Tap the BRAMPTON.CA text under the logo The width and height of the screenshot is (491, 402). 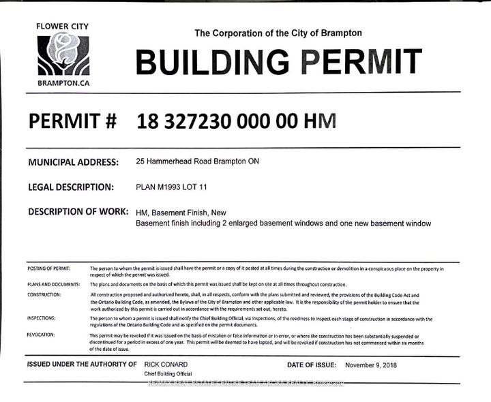coord(63,83)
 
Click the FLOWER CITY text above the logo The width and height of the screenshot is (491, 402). coord(63,27)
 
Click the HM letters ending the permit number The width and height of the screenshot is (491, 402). coord(320,121)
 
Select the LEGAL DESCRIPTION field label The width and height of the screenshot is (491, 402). coord(70,187)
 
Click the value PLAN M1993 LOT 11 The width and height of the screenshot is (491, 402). coord(175,187)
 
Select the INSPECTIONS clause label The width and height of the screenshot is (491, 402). coord(42,318)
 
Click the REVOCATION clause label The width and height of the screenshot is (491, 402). coord(42,335)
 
